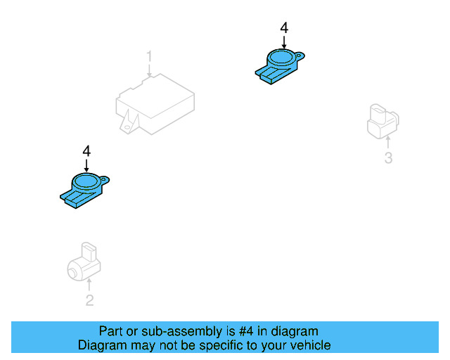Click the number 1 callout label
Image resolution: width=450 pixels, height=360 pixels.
[149, 56]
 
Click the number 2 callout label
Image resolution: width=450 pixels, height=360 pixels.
[89, 300]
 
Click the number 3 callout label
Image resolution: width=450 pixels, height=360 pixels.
[388, 158]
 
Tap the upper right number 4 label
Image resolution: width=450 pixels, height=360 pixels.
[284, 28]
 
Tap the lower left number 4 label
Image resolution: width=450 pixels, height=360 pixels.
[86, 151]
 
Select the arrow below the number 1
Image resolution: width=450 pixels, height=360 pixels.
[149, 70]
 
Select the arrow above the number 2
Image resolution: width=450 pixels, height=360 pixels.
[89, 285]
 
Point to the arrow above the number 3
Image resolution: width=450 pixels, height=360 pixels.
[388, 142]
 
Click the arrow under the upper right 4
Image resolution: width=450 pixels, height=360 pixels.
[284, 42]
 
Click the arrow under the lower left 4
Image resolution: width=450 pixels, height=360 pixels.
[86, 165]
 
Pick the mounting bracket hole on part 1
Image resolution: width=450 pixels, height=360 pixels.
[127, 127]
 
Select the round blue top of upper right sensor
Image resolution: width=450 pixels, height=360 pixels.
[281, 56]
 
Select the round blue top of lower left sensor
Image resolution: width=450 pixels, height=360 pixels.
[86, 180]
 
